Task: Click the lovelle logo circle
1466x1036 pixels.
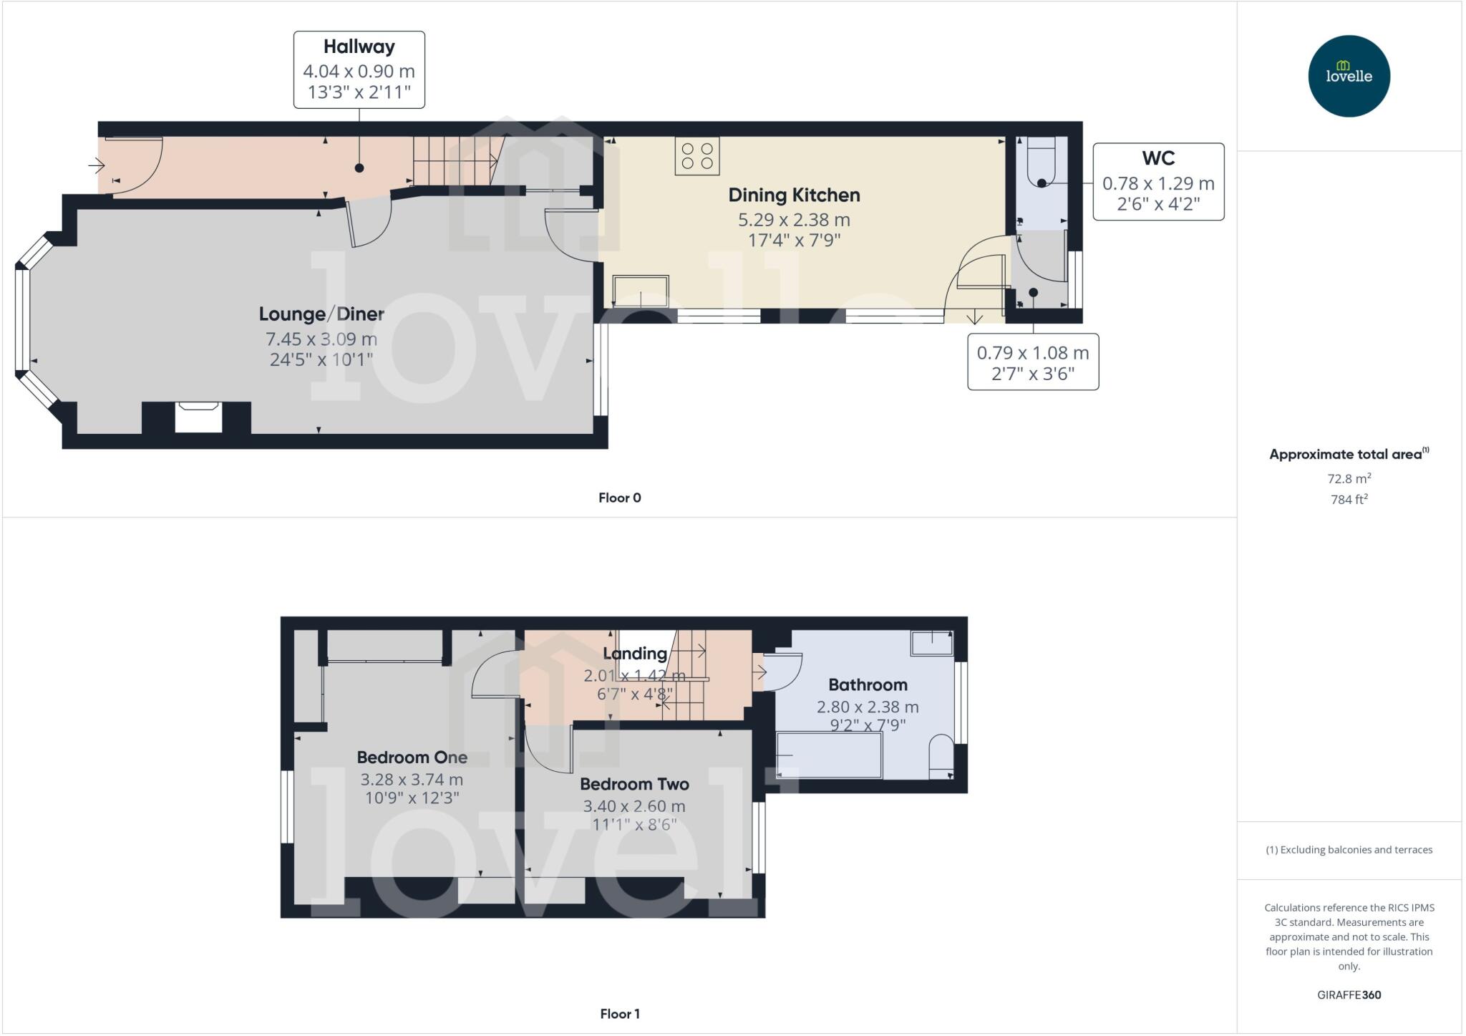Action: [x=1349, y=76]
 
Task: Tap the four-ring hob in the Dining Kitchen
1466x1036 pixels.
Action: [x=696, y=156]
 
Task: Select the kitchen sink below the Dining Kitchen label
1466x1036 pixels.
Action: [x=641, y=291]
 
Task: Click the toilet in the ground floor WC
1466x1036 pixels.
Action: [x=1041, y=163]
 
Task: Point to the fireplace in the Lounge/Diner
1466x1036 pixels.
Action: [x=198, y=417]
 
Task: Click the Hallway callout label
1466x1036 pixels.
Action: [x=359, y=69]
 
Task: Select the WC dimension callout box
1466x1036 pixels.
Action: [x=1157, y=181]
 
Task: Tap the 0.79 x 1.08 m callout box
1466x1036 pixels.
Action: [x=1032, y=362]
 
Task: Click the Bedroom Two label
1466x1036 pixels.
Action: [x=634, y=784]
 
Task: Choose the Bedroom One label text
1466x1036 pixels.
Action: [x=412, y=757]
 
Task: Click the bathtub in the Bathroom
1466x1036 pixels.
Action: [x=829, y=755]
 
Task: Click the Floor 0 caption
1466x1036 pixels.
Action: [x=619, y=498]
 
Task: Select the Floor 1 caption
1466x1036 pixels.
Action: [x=619, y=1014]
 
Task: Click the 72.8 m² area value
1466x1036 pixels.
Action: [x=1349, y=478]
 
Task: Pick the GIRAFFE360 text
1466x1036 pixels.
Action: [x=1349, y=994]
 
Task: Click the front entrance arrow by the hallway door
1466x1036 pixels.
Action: [x=97, y=166]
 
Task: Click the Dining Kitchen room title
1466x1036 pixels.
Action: [x=793, y=195]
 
